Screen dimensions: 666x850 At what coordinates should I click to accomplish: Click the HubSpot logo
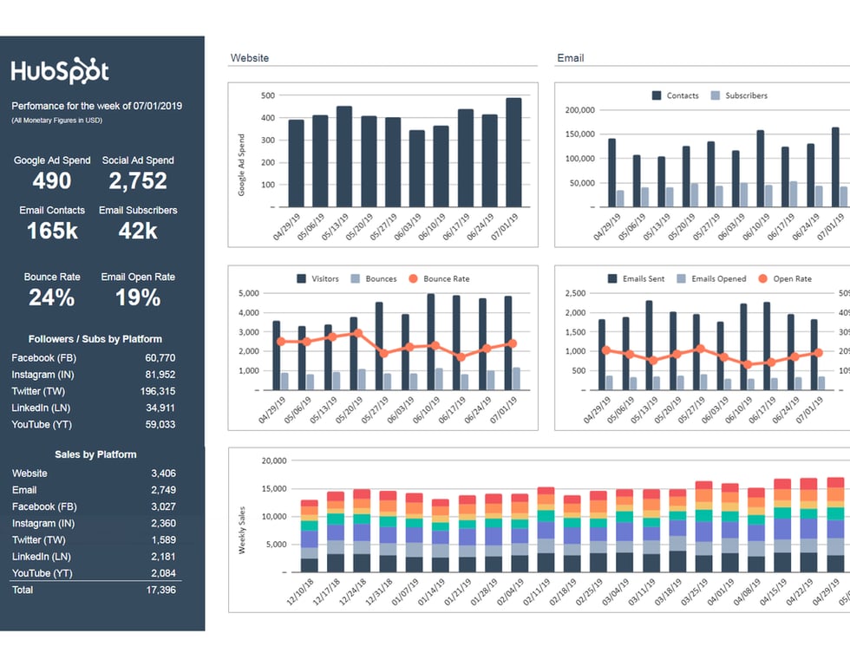tap(60, 71)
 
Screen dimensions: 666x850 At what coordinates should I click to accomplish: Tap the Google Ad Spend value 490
tap(52, 180)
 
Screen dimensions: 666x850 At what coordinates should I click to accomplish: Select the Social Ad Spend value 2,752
tap(138, 180)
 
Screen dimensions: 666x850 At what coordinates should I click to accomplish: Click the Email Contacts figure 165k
tap(52, 231)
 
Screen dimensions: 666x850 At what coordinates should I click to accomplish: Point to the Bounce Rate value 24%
tap(52, 297)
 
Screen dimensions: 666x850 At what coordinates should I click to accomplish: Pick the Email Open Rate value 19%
tap(138, 297)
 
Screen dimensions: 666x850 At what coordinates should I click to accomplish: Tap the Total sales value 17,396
tap(162, 590)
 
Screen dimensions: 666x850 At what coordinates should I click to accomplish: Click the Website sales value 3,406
tap(162, 473)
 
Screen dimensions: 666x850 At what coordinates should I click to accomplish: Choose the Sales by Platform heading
tap(95, 454)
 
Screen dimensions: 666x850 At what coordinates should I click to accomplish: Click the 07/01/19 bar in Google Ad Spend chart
tap(514, 152)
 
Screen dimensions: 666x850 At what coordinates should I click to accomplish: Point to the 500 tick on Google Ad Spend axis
tap(267, 96)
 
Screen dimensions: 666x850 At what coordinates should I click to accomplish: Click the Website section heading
tap(250, 58)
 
